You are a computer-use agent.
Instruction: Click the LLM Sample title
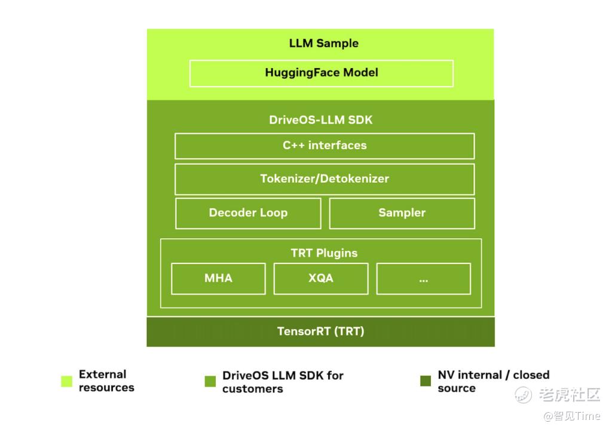tap(323, 43)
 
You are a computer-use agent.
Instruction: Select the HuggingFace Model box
tap(322, 73)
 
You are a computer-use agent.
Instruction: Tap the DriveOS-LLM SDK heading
tap(320, 119)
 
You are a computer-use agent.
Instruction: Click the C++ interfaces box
tap(325, 145)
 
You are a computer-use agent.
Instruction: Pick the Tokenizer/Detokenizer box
tap(325, 179)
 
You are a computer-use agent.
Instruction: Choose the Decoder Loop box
tap(248, 213)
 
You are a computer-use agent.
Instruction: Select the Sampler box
tap(402, 213)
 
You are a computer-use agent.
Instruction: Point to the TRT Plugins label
tap(324, 253)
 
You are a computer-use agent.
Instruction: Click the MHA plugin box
tap(218, 278)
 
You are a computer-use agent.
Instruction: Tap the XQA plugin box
tap(321, 278)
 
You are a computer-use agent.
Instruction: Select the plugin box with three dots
tap(423, 278)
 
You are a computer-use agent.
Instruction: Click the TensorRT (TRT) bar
tap(320, 331)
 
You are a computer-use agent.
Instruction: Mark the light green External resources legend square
tap(66, 381)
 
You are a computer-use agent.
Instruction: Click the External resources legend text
tap(106, 381)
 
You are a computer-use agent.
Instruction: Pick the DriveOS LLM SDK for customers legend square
tap(210, 381)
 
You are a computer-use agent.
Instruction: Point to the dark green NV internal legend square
tap(426, 381)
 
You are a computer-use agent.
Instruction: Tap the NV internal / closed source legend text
tap(493, 381)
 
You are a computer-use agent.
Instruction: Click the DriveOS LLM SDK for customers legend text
tap(283, 382)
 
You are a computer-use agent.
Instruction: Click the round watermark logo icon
tap(524, 394)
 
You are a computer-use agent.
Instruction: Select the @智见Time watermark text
tap(571, 416)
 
